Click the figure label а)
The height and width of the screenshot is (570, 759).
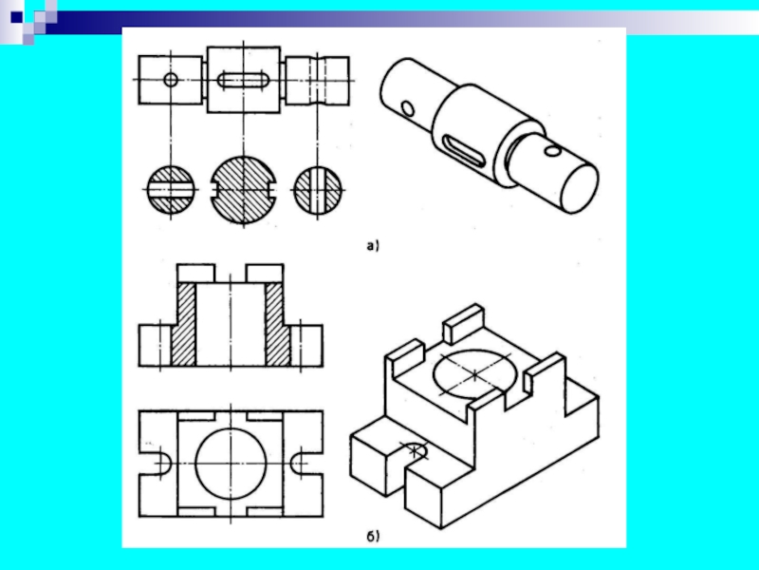372,246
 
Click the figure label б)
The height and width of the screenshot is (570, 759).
373,536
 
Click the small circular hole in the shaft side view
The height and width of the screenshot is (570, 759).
171,80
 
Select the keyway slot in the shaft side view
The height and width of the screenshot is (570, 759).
244,80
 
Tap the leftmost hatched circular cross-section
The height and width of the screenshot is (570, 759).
171,189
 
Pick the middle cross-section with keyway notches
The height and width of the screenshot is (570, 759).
243,189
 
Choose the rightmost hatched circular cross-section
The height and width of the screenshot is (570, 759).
318,189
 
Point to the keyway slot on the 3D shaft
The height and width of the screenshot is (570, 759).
462,152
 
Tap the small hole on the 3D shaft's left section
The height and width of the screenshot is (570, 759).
409,109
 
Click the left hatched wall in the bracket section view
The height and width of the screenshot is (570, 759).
183,325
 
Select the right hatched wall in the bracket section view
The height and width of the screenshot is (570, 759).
277,325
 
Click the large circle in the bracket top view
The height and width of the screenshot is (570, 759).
231,464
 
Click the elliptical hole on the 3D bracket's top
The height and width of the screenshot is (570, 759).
474,374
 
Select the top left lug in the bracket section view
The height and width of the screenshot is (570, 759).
196,274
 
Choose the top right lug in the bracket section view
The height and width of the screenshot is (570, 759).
265,274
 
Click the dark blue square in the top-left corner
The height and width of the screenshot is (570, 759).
17,17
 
